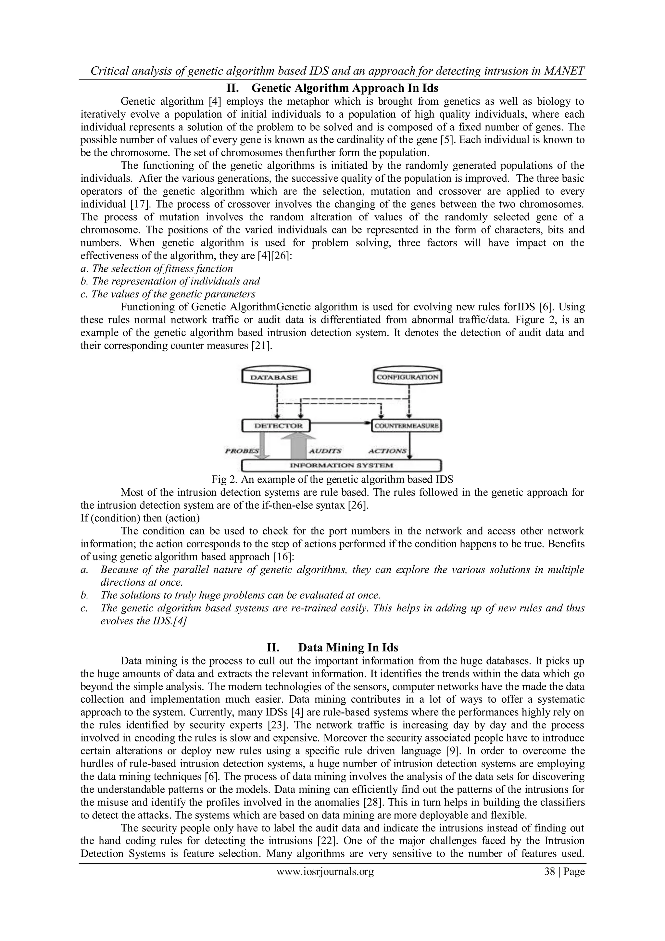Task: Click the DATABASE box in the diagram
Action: [276, 377]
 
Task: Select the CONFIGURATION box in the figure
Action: [408, 377]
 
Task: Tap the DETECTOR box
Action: [276, 425]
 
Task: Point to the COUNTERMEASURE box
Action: [407, 426]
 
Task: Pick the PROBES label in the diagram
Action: [242, 451]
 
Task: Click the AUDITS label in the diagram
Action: [325, 451]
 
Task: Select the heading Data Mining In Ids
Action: [348, 647]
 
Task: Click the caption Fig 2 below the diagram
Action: [332, 479]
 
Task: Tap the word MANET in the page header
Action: [566, 71]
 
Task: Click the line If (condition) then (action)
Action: [140, 518]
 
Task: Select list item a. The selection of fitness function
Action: [157, 268]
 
